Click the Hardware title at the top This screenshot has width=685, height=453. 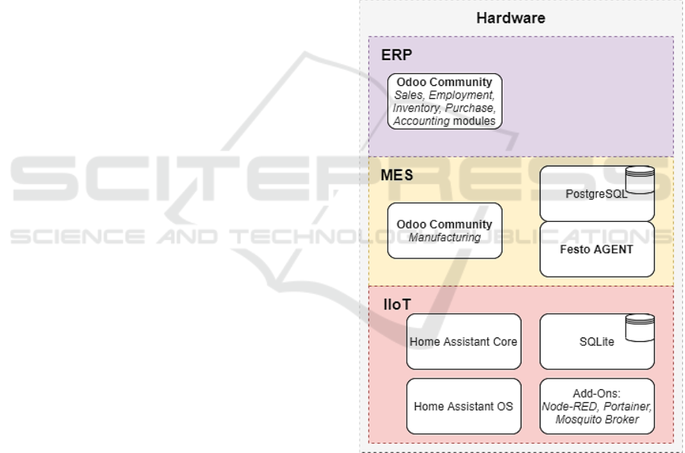tap(510, 18)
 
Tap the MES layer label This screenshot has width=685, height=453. tap(397, 176)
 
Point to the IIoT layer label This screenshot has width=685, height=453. tap(396, 304)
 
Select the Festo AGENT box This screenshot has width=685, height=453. tap(597, 249)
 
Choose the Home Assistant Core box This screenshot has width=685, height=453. tap(463, 341)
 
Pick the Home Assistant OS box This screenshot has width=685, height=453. tap(463, 406)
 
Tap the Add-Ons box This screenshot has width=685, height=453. tap(597, 406)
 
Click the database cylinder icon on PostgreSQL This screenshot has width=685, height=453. tap(639, 179)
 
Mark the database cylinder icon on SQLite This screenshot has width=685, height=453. tap(639, 326)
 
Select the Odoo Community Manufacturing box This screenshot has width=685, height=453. tap(445, 230)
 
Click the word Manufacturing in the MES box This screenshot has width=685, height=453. tap(445, 237)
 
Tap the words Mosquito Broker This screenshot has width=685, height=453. tap(597, 420)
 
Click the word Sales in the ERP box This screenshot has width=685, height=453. tap(408, 95)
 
